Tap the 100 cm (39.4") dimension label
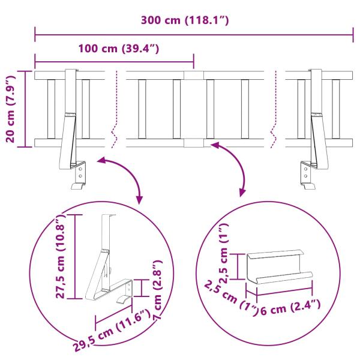pyautogui.click(x=118, y=49)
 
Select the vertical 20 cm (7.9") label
pyautogui.click(x=10, y=109)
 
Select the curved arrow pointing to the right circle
pyautogui.click(x=234, y=165)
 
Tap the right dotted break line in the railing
pyautogui.click(x=275, y=108)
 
